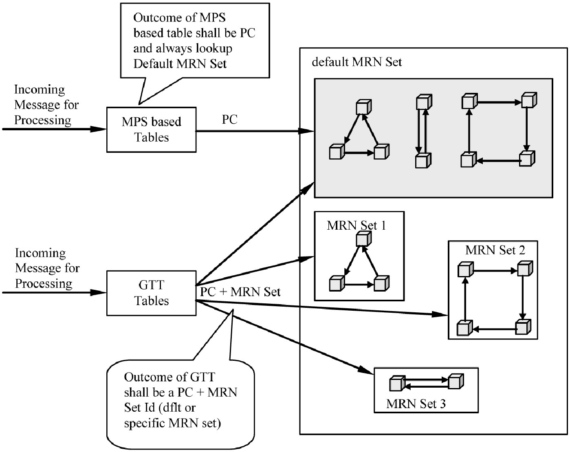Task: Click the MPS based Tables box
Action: (x=151, y=129)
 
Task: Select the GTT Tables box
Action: (x=151, y=293)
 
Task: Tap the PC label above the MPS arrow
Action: (x=229, y=119)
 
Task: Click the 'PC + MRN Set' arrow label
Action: (x=240, y=292)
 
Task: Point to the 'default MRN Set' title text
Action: (x=357, y=62)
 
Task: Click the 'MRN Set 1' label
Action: (x=356, y=225)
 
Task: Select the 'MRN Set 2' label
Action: (x=495, y=250)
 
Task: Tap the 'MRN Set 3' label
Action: (x=416, y=404)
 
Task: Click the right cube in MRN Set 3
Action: (x=456, y=381)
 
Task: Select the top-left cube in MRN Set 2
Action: (x=465, y=269)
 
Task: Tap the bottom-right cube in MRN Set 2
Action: (x=523, y=327)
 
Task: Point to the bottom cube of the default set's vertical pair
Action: (x=423, y=160)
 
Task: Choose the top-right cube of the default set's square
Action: (x=529, y=100)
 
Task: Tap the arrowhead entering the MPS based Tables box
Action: (x=99, y=129)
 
